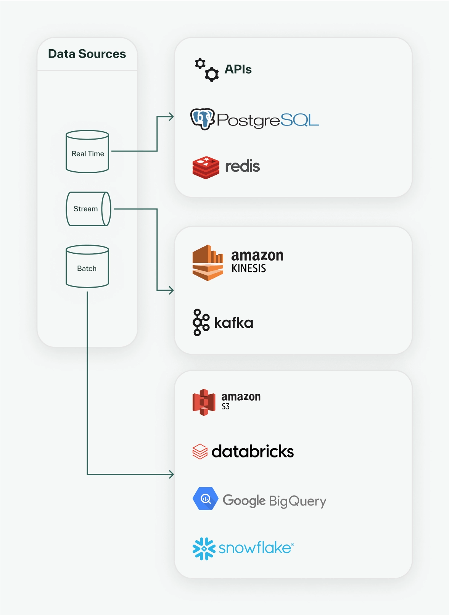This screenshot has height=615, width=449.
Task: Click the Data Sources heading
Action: (x=87, y=54)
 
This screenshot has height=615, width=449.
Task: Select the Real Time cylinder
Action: (x=87, y=152)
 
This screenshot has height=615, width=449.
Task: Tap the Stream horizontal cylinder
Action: (x=88, y=209)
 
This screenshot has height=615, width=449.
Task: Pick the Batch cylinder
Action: (x=87, y=266)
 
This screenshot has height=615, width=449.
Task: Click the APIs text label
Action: (x=238, y=69)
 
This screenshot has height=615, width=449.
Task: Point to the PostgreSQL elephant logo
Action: (x=203, y=119)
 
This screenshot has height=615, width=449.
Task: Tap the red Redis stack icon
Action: (x=206, y=167)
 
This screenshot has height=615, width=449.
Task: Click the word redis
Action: (x=242, y=166)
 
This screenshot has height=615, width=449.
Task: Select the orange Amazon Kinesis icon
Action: (x=208, y=263)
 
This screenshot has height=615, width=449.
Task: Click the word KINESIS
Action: (x=249, y=269)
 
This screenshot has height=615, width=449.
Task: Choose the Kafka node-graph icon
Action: (x=201, y=322)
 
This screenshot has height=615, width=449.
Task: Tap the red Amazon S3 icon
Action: (x=204, y=402)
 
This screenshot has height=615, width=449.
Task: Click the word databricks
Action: (x=253, y=451)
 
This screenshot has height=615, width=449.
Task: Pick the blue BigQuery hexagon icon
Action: (x=205, y=499)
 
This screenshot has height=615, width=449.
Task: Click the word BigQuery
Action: (x=298, y=501)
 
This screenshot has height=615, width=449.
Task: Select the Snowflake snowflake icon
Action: (x=204, y=549)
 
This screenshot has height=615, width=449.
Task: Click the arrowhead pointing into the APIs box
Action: (x=171, y=117)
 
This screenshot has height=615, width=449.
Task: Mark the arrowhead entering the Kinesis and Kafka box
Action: (x=171, y=290)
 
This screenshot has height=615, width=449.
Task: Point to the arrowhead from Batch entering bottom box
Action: (x=172, y=474)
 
